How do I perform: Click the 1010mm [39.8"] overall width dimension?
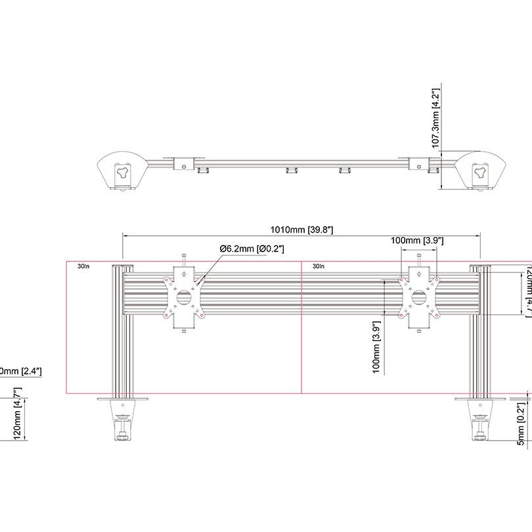pyautogui.click(x=302, y=229)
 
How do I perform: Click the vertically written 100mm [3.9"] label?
pyautogui.click(x=377, y=347)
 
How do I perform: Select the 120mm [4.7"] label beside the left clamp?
pyautogui.click(x=18, y=414)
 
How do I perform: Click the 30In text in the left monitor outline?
pyautogui.click(x=83, y=267)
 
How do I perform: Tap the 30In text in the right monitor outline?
pyautogui.click(x=319, y=267)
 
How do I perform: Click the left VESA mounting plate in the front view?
pyautogui.click(x=185, y=298)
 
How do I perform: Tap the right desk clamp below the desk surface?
pyautogui.click(x=479, y=424)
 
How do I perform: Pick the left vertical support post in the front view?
pyautogui.click(x=123, y=328)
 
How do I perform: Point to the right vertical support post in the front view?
pyautogui.click(x=479, y=328)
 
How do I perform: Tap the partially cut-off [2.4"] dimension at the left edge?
pyautogui.click(x=21, y=371)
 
